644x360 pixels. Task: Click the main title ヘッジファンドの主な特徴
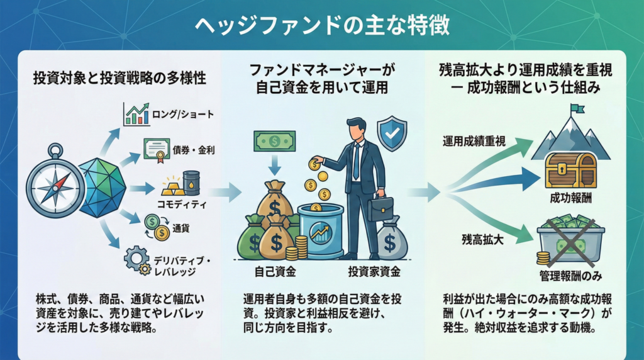tap(321, 25)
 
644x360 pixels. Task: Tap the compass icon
tap(56, 184)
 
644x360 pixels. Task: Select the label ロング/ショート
tap(183, 115)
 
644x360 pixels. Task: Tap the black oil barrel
tap(191, 183)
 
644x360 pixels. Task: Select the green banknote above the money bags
tap(274, 142)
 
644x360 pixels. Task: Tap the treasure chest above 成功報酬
tap(570, 169)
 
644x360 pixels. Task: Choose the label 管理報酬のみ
tap(569, 275)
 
